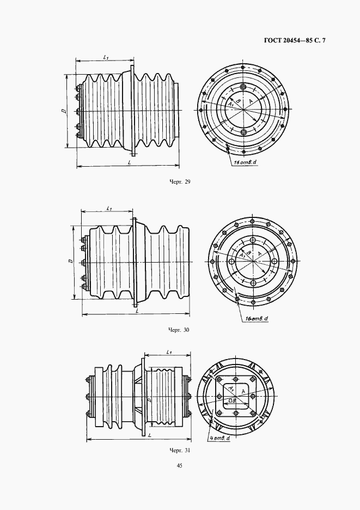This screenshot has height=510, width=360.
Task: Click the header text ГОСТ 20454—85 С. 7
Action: (295, 41)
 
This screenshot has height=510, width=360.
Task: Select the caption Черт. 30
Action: (179, 330)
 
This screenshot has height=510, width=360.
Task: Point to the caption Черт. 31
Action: (179, 451)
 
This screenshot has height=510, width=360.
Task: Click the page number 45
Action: (180, 465)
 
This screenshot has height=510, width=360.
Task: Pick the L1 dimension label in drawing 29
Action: (106, 57)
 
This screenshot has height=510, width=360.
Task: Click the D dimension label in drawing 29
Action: (64, 111)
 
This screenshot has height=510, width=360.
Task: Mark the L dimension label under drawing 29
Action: (130, 162)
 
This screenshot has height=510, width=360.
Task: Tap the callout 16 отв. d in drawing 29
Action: (245, 162)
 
